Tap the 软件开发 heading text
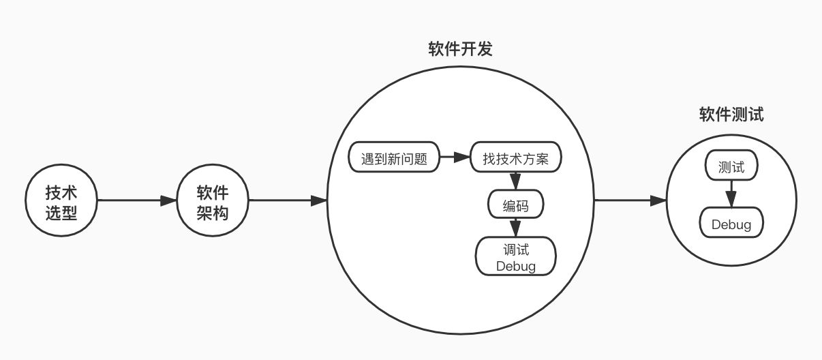point(460,49)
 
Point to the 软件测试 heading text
point(731,115)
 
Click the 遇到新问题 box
point(394,157)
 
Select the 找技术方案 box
point(515,157)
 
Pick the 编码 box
point(515,204)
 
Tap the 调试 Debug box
point(515,256)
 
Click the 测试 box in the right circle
point(731,165)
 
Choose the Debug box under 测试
point(731,222)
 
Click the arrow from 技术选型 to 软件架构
point(137,200)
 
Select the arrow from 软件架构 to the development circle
point(288,200)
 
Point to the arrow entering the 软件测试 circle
point(630,200)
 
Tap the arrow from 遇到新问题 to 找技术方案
point(455,157)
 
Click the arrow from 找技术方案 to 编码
point(515,181)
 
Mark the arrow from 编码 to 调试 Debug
point(515,228)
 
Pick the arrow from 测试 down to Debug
point(731,194)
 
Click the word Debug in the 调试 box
point(515,267)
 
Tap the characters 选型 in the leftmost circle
point(61,213)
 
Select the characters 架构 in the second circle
point(213,213)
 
